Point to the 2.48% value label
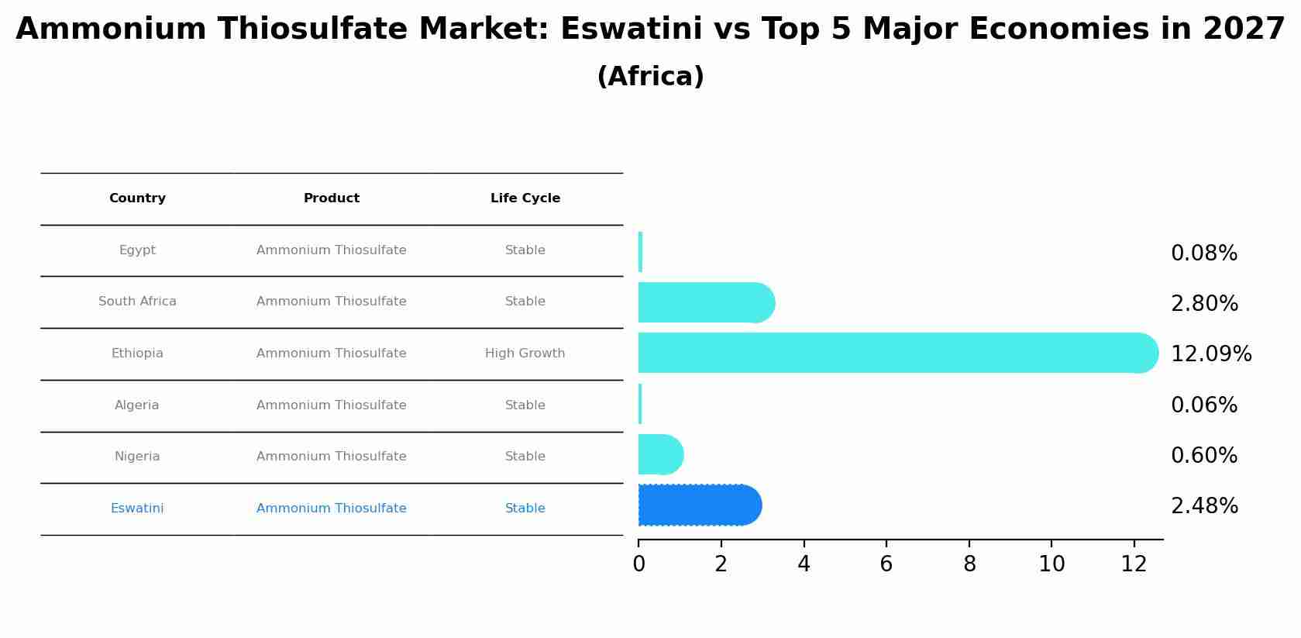[1204, 506]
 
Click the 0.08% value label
[1203, 253]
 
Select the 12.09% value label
[1210, 354]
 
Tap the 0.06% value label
[1203, 405]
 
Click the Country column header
[137, 198]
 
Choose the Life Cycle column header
[525, 198]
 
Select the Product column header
[331, 198]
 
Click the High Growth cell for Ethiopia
[525, 353]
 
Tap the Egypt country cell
[137, 250]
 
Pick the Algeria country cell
[136, 405]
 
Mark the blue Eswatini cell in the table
[137, 509]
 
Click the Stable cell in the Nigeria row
[525, 457]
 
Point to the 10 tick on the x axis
[1051, 564]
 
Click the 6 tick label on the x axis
[886, 564]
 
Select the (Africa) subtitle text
[650, 77]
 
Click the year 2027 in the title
[1244, 29]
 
